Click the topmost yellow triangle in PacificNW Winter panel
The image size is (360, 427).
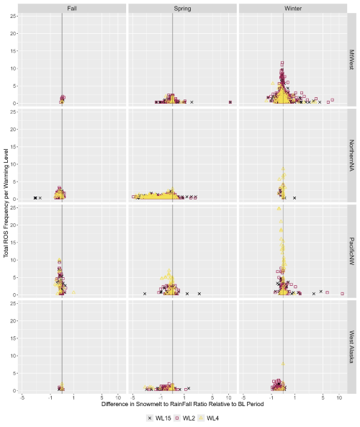click(279, 208)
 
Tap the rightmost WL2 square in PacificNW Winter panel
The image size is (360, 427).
click(342, 293)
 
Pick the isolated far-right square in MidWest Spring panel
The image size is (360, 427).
click(230, 102)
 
